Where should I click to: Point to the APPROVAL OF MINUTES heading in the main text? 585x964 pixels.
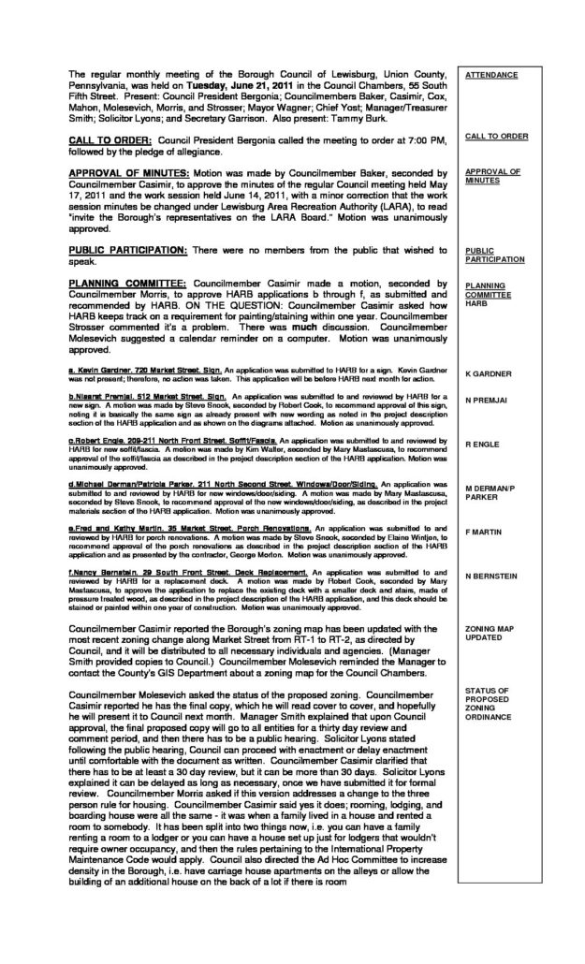(x=127, y=174)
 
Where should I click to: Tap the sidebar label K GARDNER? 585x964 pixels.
(x=489, y=374)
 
